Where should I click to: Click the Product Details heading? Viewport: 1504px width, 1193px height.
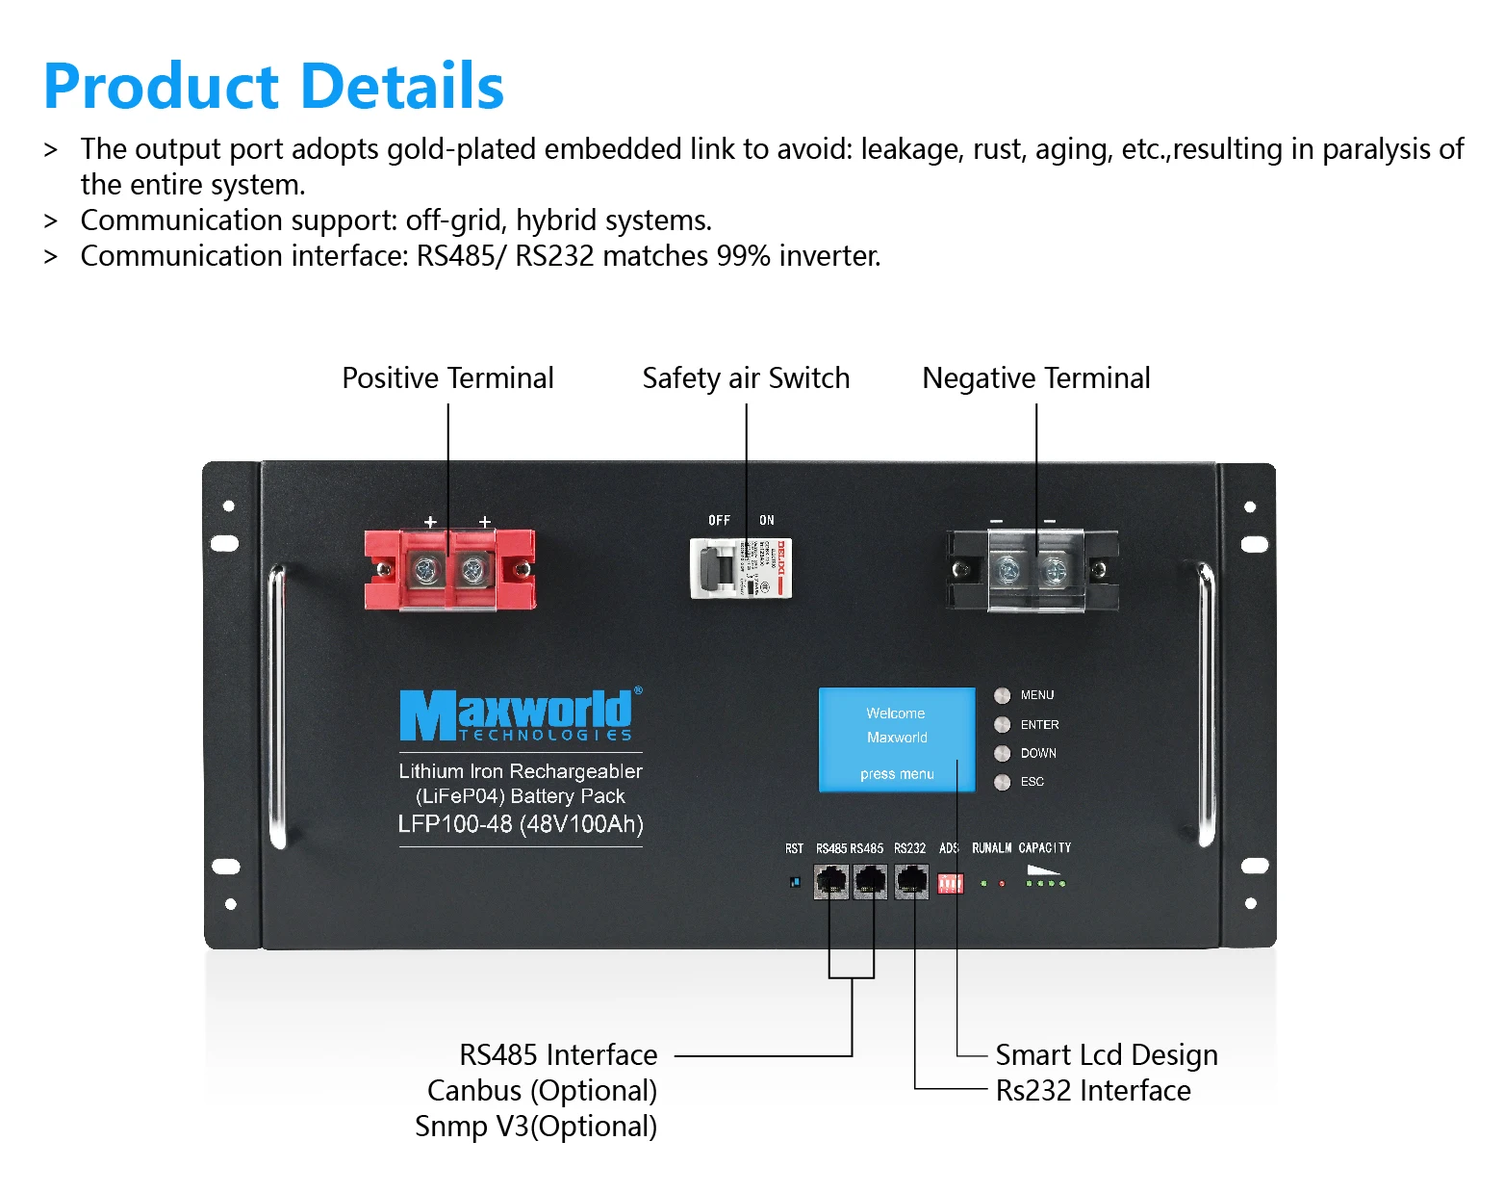pos(274,87)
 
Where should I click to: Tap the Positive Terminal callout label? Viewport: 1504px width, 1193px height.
pos(447,378)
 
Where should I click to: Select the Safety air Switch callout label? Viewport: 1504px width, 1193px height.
pos(746,378)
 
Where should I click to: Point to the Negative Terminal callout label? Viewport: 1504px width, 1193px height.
pos(1035,378)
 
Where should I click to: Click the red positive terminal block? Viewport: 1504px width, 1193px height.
pos(449,570)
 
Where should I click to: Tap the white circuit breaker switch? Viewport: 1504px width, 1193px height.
pos(740,568)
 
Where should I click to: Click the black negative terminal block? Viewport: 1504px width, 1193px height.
pos(1032,570)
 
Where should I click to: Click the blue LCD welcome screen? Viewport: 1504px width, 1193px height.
pos(896,739)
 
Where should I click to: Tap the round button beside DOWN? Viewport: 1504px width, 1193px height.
pos(1002,753)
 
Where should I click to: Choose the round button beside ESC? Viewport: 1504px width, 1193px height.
pos(1002,782)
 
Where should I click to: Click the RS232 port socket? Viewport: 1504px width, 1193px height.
pos(910,881)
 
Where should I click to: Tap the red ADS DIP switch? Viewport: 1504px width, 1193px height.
pos(950,882)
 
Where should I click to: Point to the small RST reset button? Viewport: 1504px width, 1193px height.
pos(794,881)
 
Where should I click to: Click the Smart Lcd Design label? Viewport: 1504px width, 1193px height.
pos(1107,1055)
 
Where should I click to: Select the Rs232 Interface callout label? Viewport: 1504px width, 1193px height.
pos(1093,1091)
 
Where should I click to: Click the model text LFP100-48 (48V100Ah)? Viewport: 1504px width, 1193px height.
pos(521,824)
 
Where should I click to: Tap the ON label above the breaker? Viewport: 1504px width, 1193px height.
pos(767,520)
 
